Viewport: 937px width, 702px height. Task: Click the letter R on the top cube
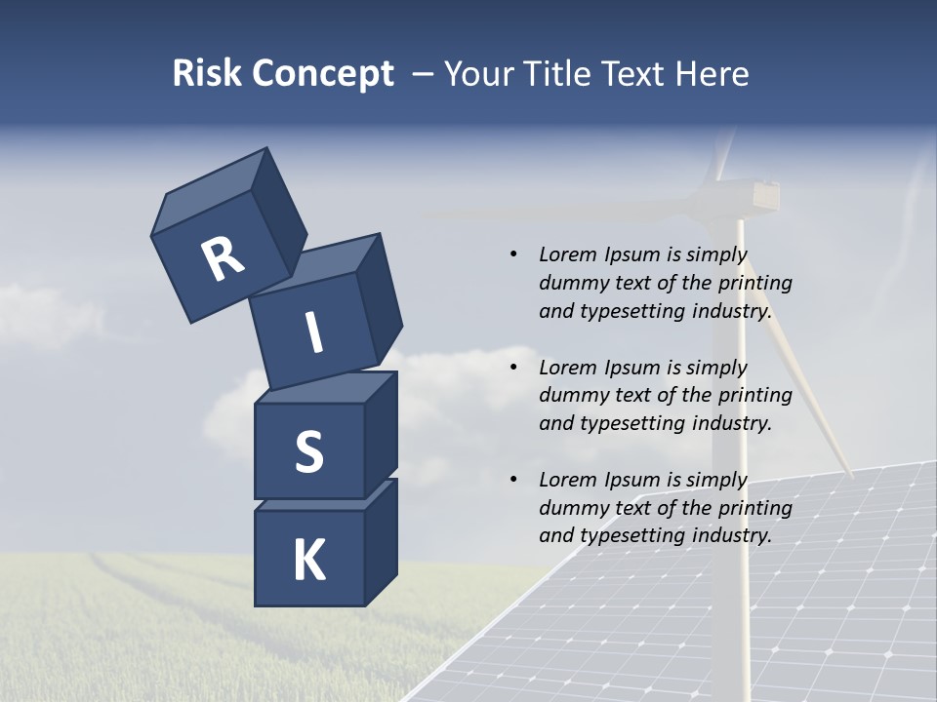coord(223,259)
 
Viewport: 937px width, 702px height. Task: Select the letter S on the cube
coord(308,451)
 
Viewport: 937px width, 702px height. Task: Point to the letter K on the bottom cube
coord(308,561)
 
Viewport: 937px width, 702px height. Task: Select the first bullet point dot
coord(513,254)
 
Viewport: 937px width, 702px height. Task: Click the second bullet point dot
coord(513,368)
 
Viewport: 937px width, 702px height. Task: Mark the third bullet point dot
coord(513,480)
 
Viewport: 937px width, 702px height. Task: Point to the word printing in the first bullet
coord(755,283)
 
